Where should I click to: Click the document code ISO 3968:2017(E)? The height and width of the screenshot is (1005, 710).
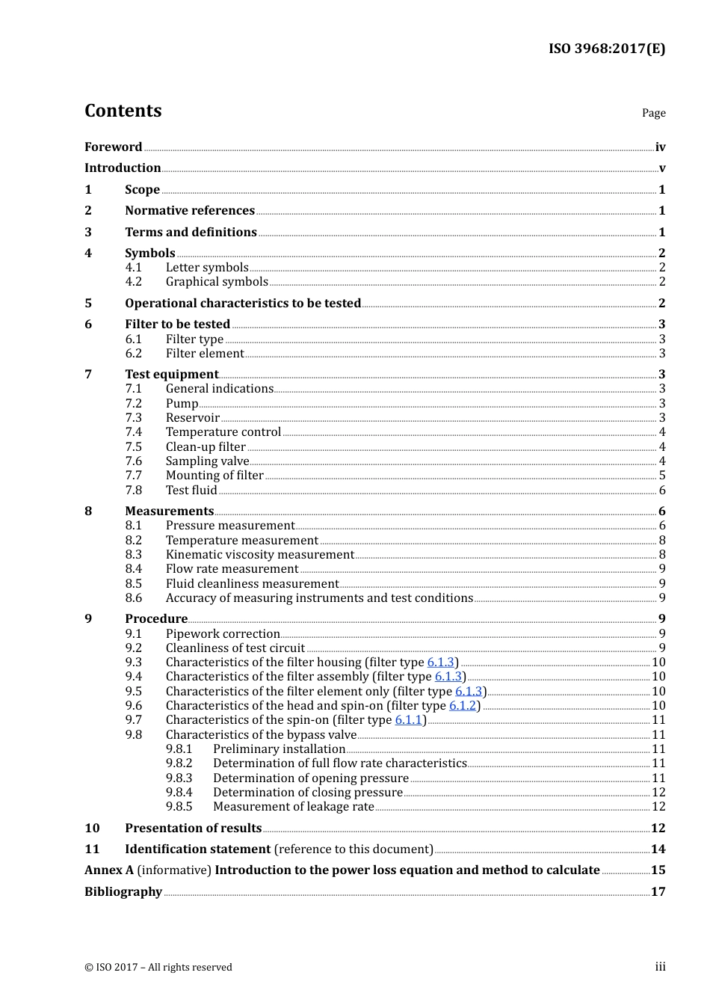[606, 49]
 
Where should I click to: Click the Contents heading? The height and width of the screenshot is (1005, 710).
[123, 111]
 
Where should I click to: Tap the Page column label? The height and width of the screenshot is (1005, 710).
[653, 113]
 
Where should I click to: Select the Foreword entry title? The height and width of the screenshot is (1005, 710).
[113, 147]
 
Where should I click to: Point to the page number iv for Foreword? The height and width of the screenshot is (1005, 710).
[660, 147]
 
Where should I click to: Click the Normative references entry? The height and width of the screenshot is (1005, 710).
[190, 211]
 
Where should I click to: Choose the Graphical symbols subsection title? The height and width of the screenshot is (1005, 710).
[217, 282]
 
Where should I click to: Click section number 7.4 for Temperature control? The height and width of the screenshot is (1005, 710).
[134, 432]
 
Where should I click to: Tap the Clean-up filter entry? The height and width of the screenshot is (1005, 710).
[206, 447]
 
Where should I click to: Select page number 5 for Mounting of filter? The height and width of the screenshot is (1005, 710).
[662, 476]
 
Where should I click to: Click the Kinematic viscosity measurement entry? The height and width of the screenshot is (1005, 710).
[259, 555]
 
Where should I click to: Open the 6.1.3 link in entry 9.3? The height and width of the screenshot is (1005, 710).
[440, 663]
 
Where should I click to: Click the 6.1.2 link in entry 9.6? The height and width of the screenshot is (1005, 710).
[463, 706]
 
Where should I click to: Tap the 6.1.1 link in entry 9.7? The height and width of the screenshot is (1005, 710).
[409, 720]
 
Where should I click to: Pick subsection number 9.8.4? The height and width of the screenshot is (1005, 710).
[179, 793]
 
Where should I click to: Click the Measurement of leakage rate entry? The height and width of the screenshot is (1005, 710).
[293, 807]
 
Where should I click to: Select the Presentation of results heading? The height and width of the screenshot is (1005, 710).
[193, 829]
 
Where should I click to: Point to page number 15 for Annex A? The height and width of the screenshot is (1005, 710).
[658, 870]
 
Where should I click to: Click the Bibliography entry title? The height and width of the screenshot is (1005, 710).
[123, 892]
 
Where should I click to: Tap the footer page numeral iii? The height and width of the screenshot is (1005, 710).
[660, 967]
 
